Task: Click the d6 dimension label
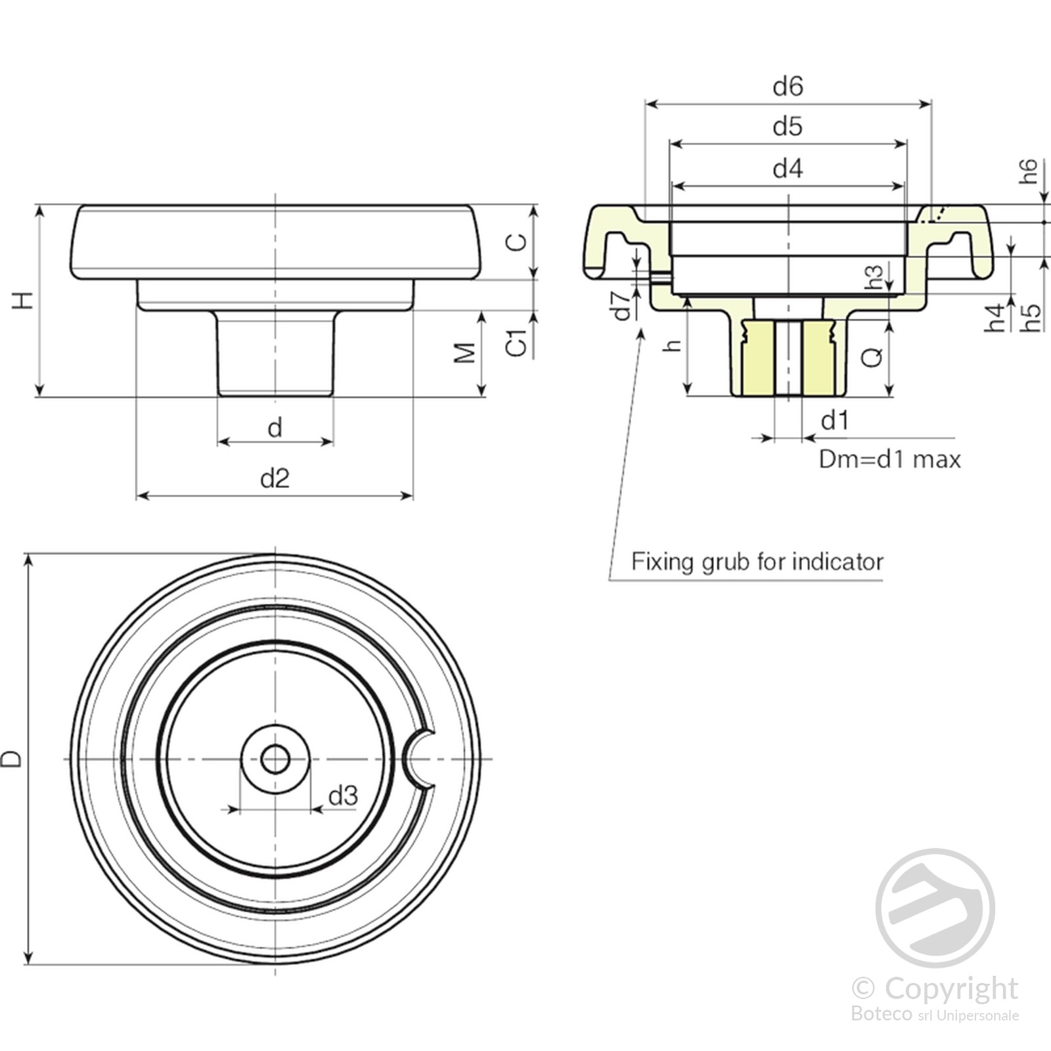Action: coord(788,86)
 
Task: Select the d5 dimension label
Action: coord(788,126)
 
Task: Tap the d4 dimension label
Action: coord(788,169)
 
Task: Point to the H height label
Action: coord(23,301)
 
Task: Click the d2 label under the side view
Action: coord(275,478)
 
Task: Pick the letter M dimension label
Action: coord(465,353)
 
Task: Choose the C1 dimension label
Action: coord(517,343)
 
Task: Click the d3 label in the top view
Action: coord(343,796)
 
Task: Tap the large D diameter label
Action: coord(12,759)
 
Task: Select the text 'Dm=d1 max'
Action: coord(889,459)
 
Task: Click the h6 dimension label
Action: coord(1028,171)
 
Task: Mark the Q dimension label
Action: coord(872,357)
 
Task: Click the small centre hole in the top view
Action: coord(275,759)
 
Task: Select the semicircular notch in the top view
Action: coord(418,759)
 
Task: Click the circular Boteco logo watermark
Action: coord(935,908)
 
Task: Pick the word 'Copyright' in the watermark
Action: coord(950,988)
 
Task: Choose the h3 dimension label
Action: coord(874,277)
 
